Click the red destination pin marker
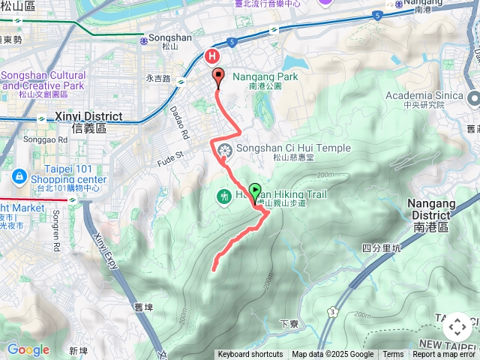pos(218,76)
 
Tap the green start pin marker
pos(255,191)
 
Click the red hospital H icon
pos(212,55)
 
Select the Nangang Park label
pos(265,76)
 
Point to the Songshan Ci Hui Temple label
pos(293,148)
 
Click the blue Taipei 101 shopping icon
pos(19,177)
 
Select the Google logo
pos(28,349)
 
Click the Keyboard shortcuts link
pos(250,355)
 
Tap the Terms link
pos(393,355)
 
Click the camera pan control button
pos(457,327)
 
